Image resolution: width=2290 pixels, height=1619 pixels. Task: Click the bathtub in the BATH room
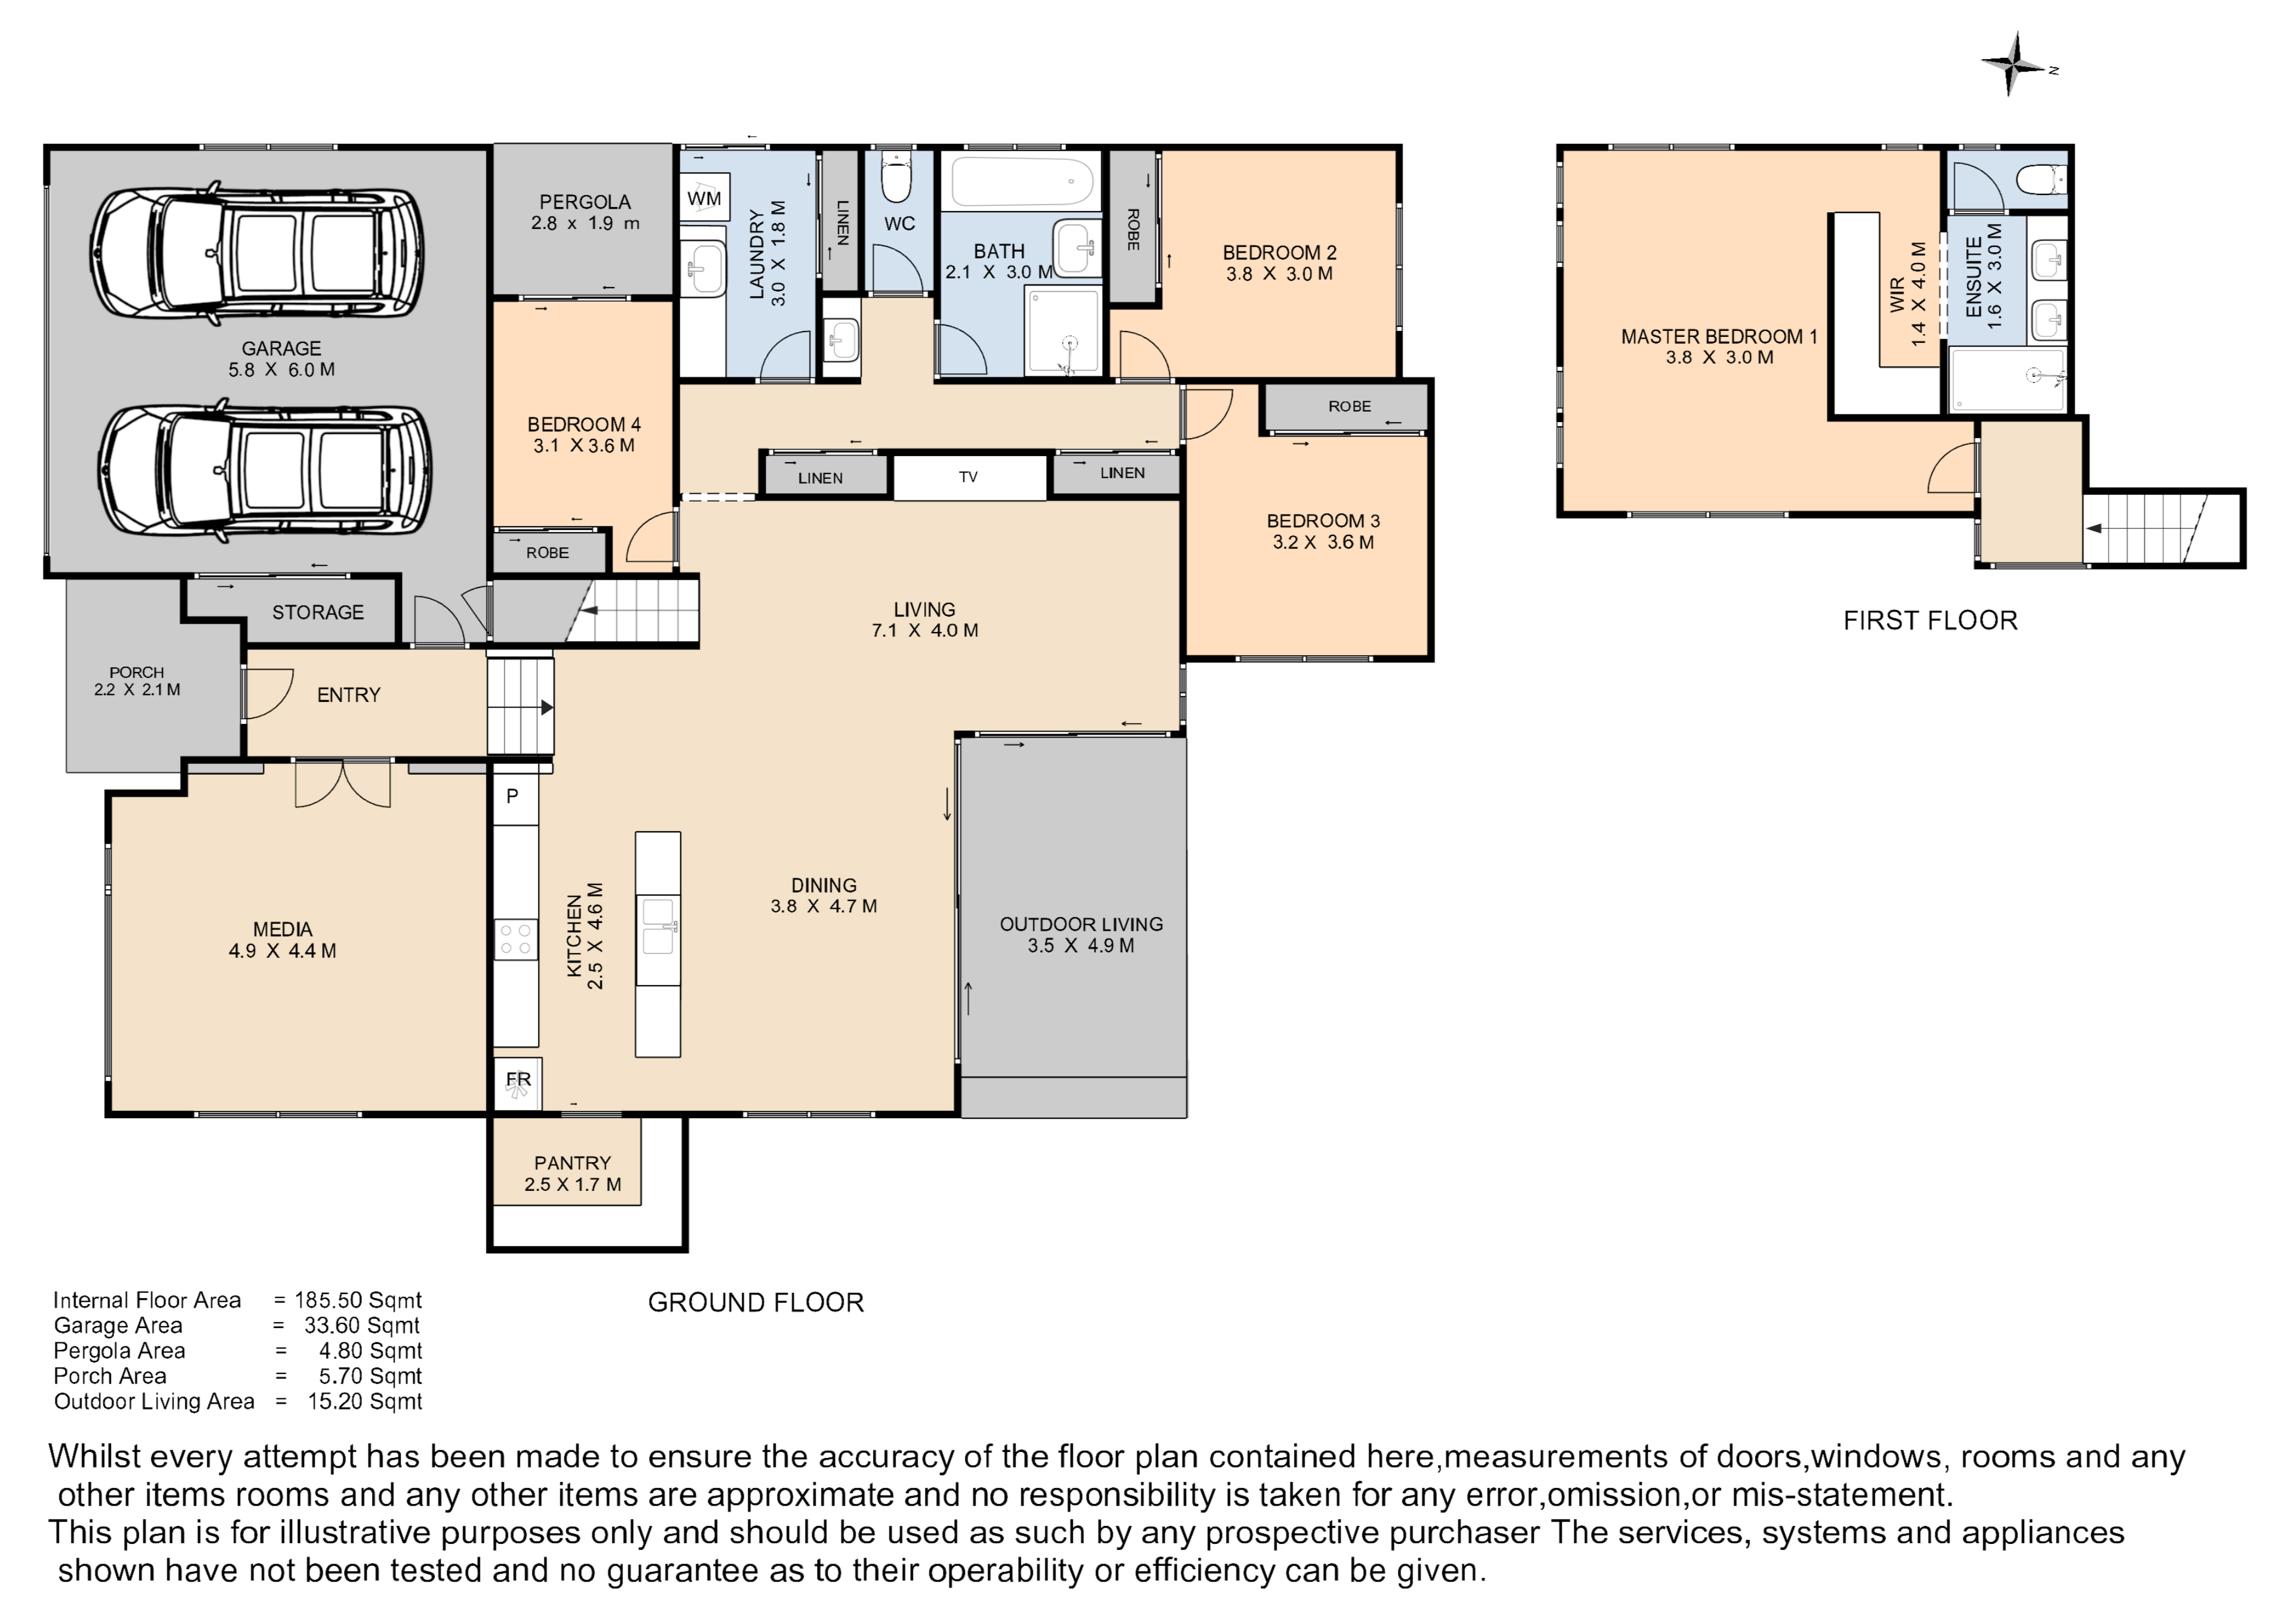pyautogui.click(x=1022, y=182)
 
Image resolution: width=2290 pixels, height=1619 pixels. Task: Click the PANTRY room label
pyautogui.click(x=572, y=1163)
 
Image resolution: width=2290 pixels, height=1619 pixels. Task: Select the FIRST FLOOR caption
pyautogui.click(x=1930, y=620)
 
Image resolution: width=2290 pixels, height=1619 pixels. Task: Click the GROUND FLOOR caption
pyautogui.click(x=756, y=1303)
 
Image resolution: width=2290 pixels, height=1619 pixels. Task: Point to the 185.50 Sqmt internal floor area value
pyautogui.click(x=358, y=1301)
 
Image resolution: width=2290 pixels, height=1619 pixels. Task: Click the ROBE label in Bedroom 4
pyautogui.click(x=547, y=553)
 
